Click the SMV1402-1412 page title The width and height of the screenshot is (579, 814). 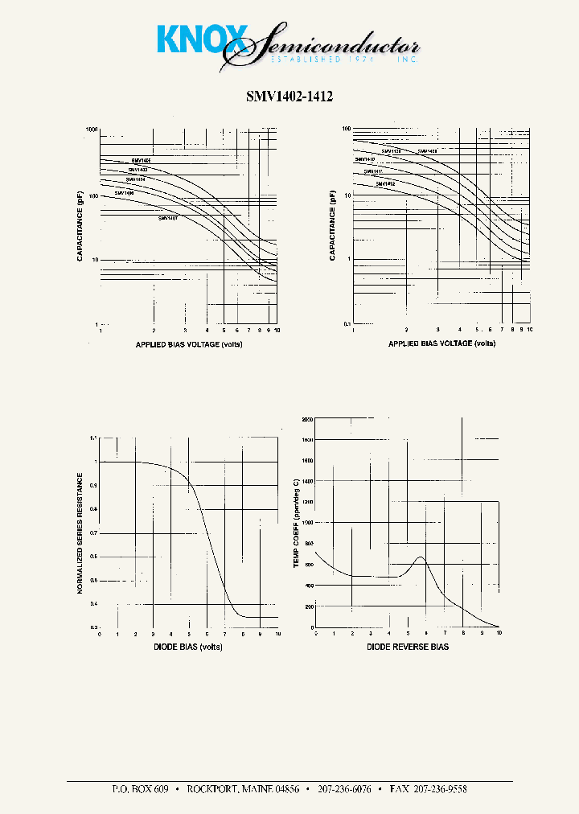pos(289,96)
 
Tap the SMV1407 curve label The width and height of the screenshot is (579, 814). pos(168,218)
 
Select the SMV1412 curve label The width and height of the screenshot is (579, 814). pos(385,184)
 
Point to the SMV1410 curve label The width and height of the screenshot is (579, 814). pos(365,159)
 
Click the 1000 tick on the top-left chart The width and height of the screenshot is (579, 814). pos(92,129)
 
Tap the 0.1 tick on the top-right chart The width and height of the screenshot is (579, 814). pos(347,323)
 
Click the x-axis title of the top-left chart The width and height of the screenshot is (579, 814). pos(189,344)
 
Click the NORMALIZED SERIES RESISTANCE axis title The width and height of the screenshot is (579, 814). pos(80,532)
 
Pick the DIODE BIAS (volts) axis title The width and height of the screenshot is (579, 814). pos(188,647)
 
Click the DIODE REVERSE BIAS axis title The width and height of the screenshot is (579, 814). pos(408,647)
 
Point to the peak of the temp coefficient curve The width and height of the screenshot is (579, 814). pos(420,557)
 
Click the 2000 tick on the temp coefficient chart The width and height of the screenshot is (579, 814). pos(306,420)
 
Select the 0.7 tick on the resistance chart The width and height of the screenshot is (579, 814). pos(93,533)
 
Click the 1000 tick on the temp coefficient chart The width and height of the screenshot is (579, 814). pos(306,523)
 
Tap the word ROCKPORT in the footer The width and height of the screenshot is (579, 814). pos(212,789)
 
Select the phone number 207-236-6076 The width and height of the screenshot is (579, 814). pos(343,789)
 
